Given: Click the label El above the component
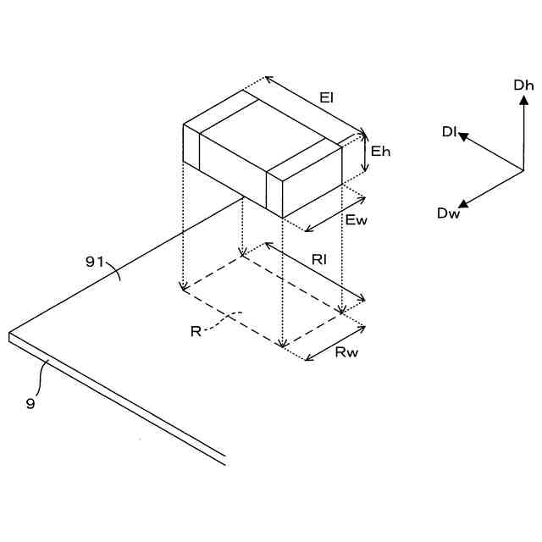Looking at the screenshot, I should click(x=326, y=98).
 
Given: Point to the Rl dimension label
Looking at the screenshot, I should click(x=319, y=260).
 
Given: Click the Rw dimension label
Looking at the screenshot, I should click(x=346, y=352).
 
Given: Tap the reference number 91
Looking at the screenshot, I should click(x=95, y=262).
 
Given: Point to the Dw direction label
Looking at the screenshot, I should click(x=448, y=213).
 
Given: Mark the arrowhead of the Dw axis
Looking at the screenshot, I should click(x=463, y=203).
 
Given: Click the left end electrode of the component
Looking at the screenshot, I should click(x=191, y=148).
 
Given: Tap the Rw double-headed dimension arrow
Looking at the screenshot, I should click(x=335, y=342).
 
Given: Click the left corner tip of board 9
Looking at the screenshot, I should click(x=9, y=336).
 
